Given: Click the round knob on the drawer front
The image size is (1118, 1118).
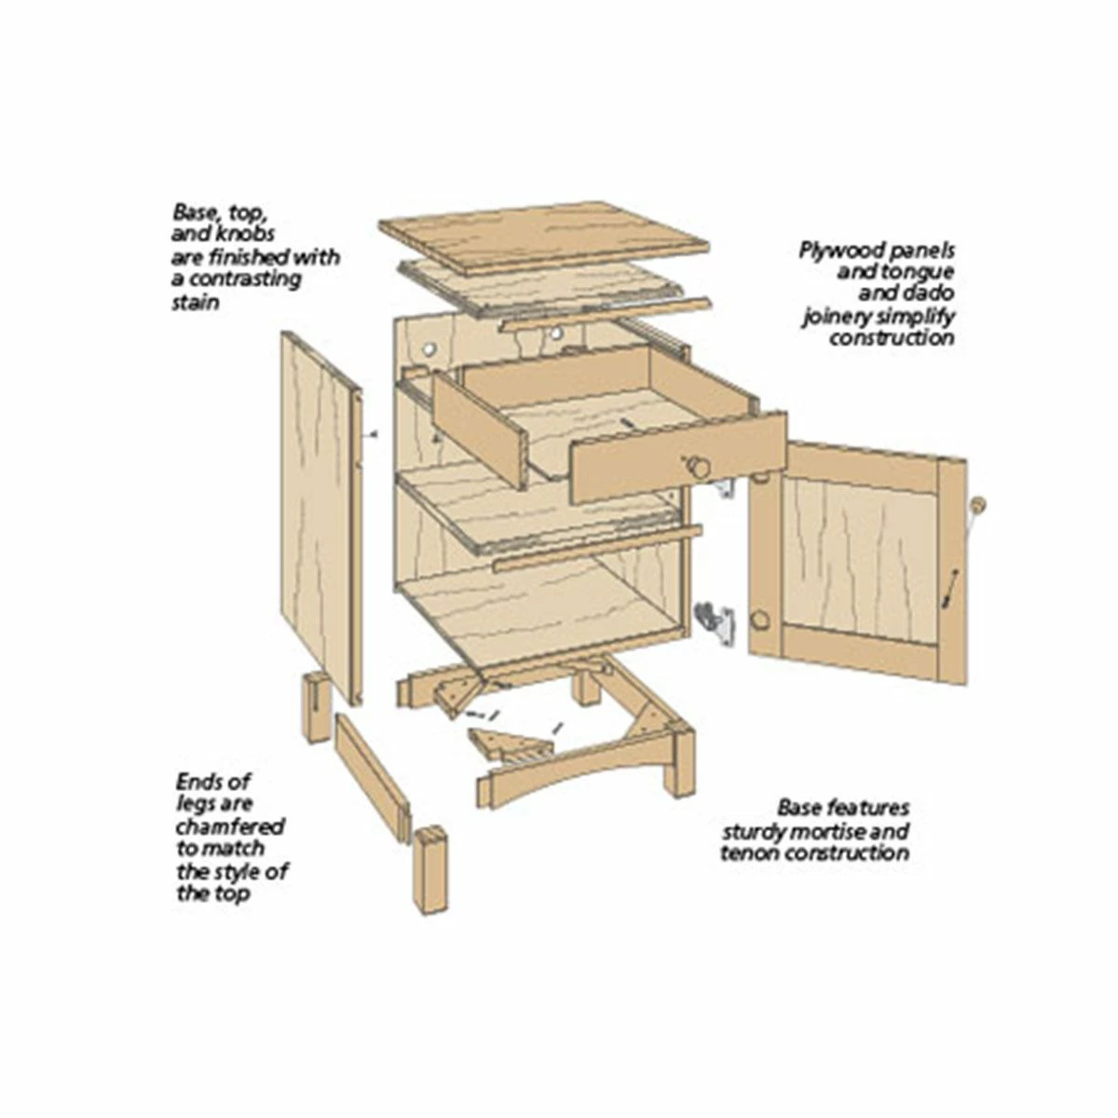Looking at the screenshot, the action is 699,467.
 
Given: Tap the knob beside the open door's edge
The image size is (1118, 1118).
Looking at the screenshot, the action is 980,504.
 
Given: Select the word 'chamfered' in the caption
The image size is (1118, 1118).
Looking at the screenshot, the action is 230,826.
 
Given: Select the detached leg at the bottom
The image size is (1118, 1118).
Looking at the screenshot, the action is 429,871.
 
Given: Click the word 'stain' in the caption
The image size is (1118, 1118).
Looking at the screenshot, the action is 195,302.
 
